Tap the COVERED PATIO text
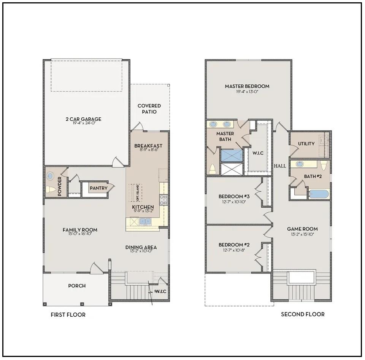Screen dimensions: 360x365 point(149,109)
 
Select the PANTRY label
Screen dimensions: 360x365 point(98,188)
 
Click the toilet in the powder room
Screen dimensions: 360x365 point(50,189)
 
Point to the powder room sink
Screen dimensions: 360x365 point(50,176)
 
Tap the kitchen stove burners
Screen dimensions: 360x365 point(163,200)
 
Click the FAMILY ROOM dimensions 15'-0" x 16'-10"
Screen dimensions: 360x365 point(80,234)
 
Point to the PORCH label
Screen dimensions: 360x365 point(77,286)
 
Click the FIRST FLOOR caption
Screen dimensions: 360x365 point(68,315)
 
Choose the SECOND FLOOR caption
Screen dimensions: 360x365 point(303,314)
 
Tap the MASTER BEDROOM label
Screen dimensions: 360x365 point(247,86)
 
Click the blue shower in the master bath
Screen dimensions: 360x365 point(232,155)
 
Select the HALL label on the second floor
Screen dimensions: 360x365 point(280,166)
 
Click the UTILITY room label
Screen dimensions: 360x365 point(306,144)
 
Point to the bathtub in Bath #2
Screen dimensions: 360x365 point(319,194)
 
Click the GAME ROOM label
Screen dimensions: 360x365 point(302,229)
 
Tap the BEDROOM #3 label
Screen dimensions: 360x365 point(234,196)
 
